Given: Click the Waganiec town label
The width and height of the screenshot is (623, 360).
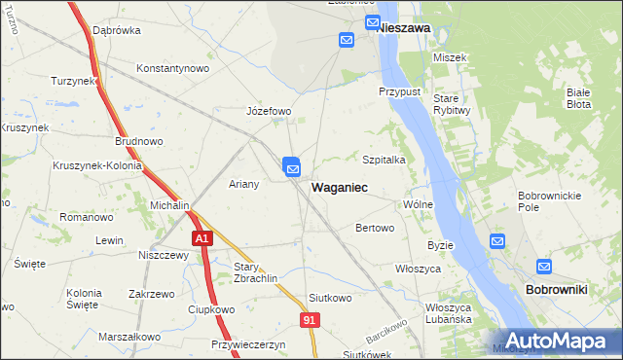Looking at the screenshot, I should click(x=339, y=186).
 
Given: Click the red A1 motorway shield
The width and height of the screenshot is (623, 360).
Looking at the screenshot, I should click(x=201, y=237).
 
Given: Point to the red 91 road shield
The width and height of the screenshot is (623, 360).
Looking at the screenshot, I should click(x=310, y=320).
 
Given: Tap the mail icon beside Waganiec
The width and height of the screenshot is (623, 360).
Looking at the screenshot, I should click(x=292, y=167).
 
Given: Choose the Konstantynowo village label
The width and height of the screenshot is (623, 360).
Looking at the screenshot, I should click(x=173, y=69).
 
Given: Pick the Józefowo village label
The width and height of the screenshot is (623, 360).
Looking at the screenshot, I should click(x=269, y=111).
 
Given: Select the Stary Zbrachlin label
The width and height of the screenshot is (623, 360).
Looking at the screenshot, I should click(x=256, y=271).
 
